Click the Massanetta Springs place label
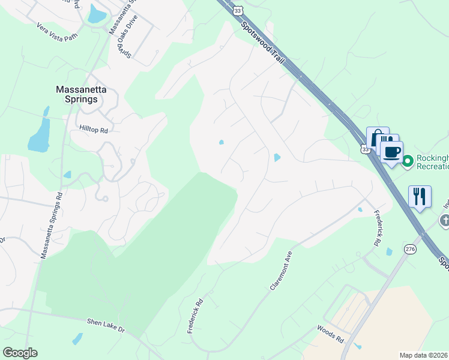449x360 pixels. click(76, 94)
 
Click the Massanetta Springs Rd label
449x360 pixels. click(51, 226)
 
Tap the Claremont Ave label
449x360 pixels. click(280, 271)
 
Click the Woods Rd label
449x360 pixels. click(331, 334)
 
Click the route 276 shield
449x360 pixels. click(410, 249)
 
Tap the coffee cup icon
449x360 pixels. click(392, 152)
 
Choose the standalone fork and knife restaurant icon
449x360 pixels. click(420, 196)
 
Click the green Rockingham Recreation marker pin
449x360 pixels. click(408, 161)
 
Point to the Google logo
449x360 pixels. click(20, 352)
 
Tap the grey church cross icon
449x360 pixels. click(445, 220)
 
